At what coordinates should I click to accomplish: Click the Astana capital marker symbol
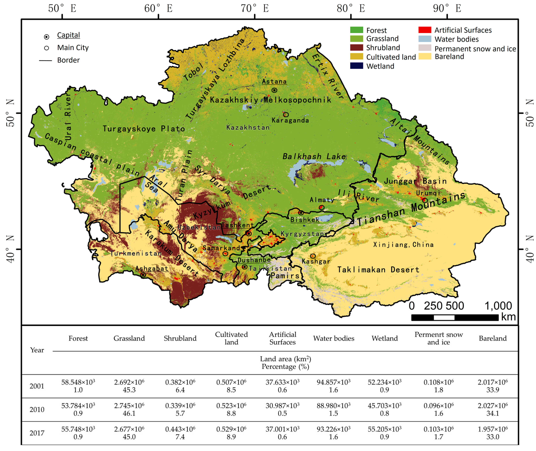click(274, 90)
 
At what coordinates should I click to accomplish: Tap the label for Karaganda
click(290, 120)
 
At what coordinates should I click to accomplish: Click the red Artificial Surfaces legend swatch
click(425, 30)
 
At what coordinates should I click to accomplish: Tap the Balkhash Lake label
click(314, 156)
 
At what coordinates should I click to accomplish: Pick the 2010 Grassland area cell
click(129, 409)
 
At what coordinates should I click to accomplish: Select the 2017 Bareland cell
click(492, 433)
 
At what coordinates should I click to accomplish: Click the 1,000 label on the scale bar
click(498, 306)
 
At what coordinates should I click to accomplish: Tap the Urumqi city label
click(428, 193)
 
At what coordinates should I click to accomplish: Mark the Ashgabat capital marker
click(143, 275)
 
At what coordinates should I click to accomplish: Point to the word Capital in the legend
click(68, 35)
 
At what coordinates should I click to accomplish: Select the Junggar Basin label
click(415, 181)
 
